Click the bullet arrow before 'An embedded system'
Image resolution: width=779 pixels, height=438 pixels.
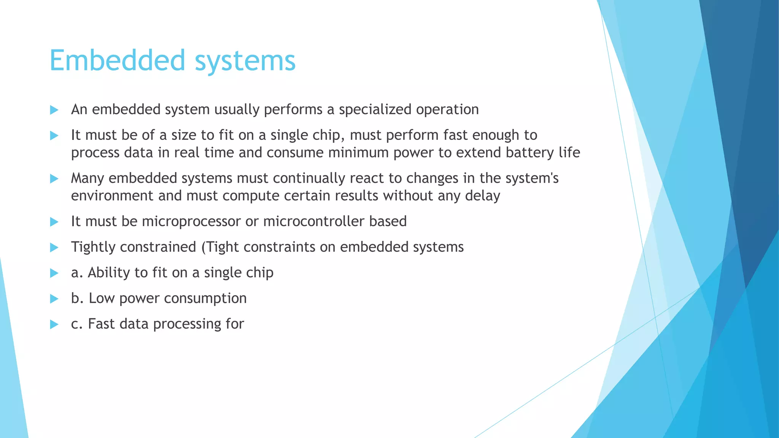pyautogui.click(x=54, y=110)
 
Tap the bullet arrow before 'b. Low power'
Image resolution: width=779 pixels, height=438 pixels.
pyautogui.click(x=54, y=299)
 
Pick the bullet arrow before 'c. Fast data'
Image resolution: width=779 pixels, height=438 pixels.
pyautogui.click(x=54, y=324)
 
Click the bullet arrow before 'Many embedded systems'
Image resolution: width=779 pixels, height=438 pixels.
pyautogui.click(x=54, y=179)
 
